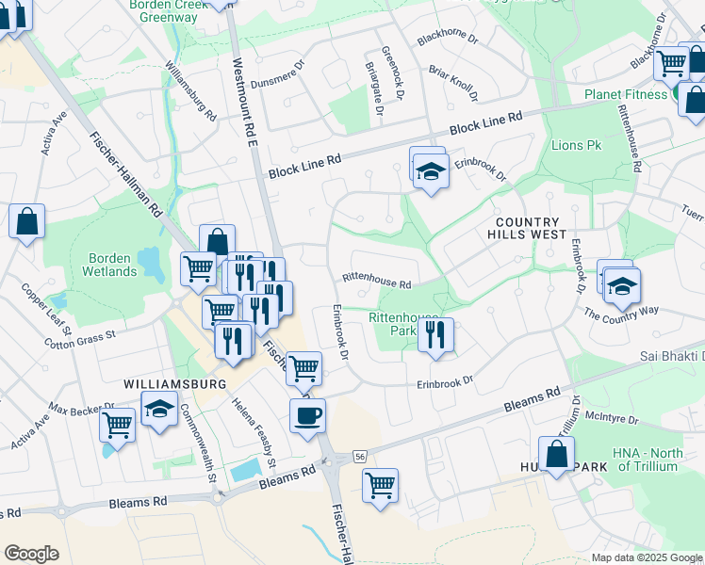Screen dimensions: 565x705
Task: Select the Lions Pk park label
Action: click(x=576, y=146)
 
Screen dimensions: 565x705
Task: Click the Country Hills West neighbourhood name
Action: click(x=527, y=227)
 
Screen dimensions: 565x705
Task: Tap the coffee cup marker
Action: click(x=307, y=415)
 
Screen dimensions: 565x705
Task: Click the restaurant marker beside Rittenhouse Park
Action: click(x=435, y=335)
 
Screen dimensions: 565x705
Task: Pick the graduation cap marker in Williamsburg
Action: click(x=159, y=409)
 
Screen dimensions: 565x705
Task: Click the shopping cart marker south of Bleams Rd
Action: click(x=380, y=486)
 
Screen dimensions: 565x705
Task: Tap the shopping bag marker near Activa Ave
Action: click(x=27, y=222)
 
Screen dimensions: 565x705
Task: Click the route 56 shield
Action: click(x=361, y=455)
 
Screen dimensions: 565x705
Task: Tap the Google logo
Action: click(x=31, y=554)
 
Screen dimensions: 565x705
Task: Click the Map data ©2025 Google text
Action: click(x=646, y=557)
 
